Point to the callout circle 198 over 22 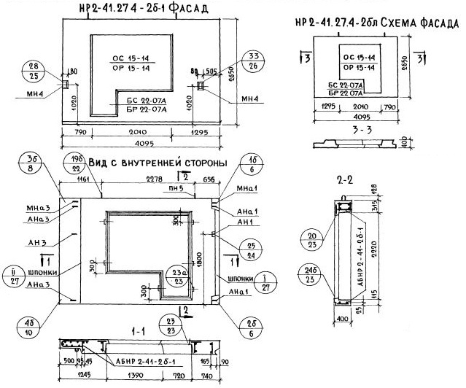coord(100,164)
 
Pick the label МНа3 coord(36,207)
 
